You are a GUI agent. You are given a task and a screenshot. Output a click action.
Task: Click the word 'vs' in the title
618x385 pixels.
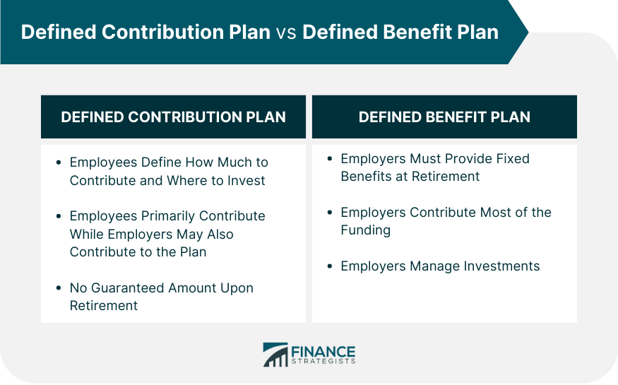(286, 32)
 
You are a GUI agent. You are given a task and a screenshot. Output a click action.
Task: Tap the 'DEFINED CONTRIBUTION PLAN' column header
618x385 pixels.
(174, 117)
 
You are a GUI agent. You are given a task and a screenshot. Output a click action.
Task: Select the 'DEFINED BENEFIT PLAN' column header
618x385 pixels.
(444, 117)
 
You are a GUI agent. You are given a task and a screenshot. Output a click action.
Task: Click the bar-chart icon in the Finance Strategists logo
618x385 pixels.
(275, 355)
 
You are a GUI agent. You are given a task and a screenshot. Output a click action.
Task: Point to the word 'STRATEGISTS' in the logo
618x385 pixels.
(323, 362)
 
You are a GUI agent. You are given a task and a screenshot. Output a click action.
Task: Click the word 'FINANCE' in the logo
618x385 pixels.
(323, 352)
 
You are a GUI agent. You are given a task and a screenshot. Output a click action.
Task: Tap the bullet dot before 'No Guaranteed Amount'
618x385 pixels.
(59, 288)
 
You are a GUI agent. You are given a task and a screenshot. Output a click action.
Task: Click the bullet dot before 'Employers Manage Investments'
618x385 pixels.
(330, 266)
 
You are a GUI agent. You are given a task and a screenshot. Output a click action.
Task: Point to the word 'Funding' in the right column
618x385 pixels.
(366, 230)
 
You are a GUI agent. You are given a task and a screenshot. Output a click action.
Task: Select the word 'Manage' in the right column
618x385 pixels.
(435, 266)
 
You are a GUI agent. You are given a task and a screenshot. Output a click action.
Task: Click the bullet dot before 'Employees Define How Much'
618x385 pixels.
(59, 162)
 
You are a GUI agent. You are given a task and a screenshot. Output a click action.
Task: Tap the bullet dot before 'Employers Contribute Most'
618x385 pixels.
(330, 213)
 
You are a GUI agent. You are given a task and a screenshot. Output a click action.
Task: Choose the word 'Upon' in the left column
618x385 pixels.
(237, 289)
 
